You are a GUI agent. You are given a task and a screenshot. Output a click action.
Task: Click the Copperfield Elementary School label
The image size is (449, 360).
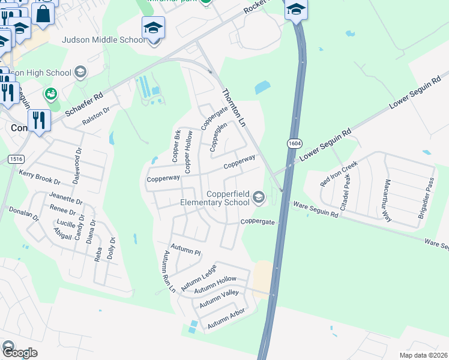(x=215, y=198)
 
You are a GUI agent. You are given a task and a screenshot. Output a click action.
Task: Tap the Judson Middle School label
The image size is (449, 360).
(x=104, y=40)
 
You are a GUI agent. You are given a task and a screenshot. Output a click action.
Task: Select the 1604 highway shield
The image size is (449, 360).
(x=294, y=143)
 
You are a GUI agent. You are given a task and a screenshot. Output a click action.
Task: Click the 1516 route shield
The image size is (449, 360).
(x=16, y=158)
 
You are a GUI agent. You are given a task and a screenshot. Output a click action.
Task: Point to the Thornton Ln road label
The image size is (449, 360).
(x=235, y=108)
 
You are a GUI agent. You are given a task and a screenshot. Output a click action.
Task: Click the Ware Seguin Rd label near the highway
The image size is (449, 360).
(x=315, y=206)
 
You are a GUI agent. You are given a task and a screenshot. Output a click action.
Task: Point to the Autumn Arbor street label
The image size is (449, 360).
(x=226, y=319)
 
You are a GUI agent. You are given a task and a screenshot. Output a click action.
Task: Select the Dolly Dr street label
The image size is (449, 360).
(x=111, y=247)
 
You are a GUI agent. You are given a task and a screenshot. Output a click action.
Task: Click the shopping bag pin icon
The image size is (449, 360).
(x=44, y=13)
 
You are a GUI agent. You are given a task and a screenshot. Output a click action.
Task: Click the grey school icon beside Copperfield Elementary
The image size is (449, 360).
(x=259, y=197)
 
